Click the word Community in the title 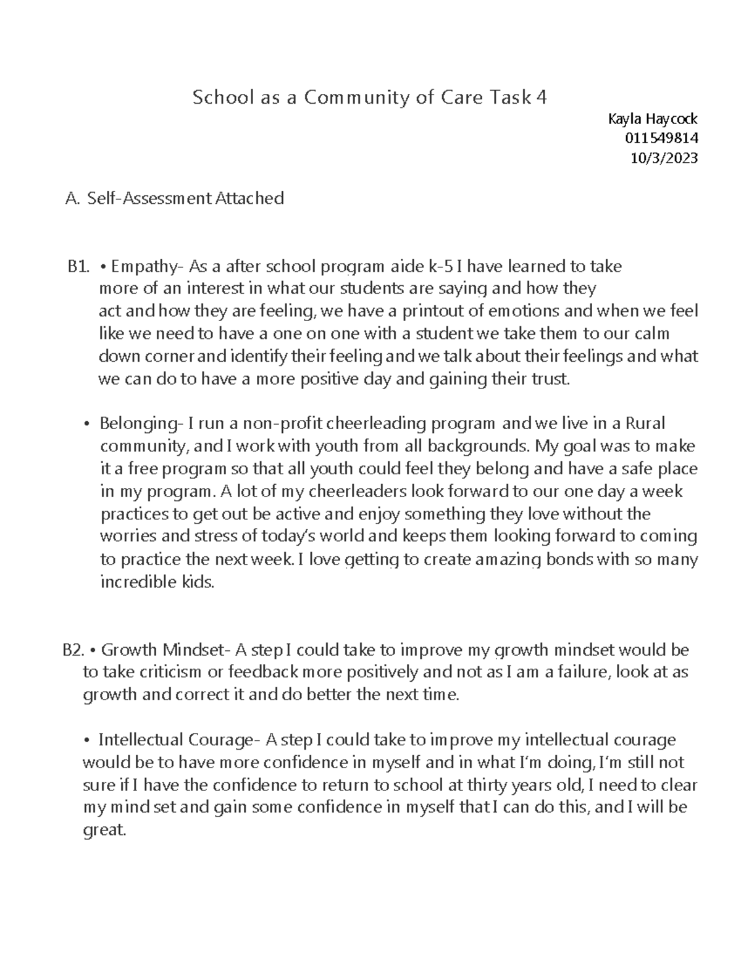[351, 98]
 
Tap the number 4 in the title [541, 98]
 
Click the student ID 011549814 [662, 138]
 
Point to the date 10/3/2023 [664, 158]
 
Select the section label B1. [78, 267]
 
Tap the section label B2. [74, 650]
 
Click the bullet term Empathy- [148, 267]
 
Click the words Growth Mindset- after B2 [165, 650]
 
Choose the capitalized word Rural [645, 424]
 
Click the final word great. [104, 831]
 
